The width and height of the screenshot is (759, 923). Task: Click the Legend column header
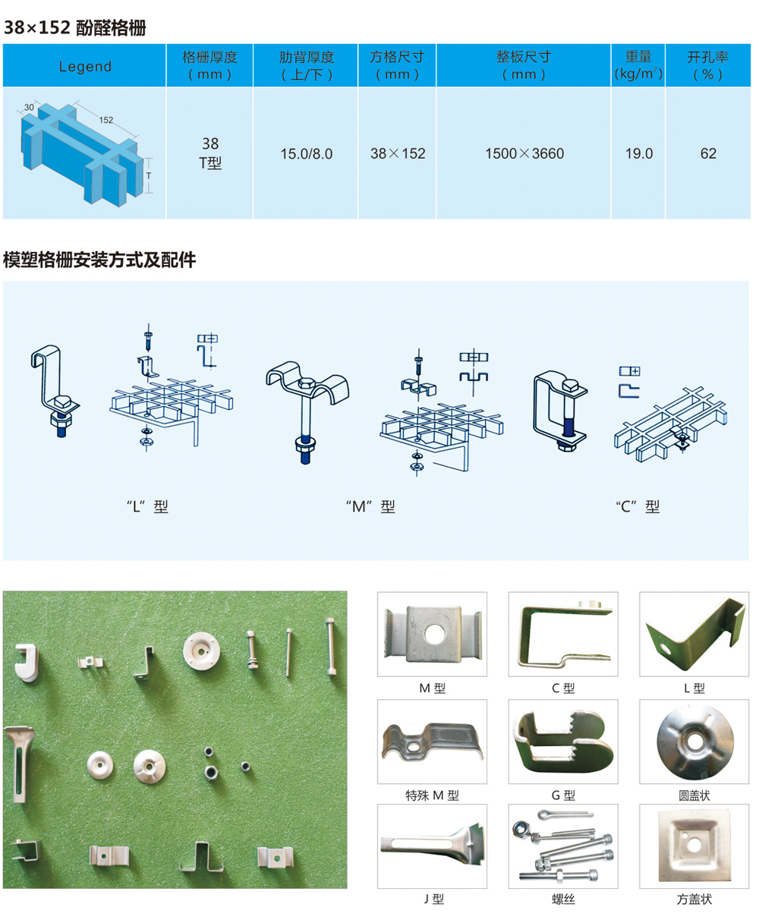coord(85,67)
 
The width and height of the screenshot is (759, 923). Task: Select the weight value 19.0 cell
coord(638,153)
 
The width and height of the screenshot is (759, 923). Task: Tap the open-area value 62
coord(708,153)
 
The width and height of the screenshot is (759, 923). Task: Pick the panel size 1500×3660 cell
coord(524,153)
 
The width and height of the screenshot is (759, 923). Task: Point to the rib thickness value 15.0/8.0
coord(307,153)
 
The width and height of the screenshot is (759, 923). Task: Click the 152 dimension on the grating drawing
coord(106,120)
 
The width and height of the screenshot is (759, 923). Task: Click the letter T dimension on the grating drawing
coord(149,175)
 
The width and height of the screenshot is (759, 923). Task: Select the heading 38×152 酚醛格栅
coord(75,28)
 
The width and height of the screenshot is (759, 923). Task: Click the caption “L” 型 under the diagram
coord(147,507)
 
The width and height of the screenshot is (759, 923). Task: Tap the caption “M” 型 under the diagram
coord(370,507)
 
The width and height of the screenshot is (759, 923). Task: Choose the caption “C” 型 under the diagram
coord(638,507)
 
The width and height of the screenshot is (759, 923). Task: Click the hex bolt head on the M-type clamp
coord(307,384)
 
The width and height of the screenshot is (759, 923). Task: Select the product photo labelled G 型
coord(562,742)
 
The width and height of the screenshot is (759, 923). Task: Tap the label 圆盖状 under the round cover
coord(694,795)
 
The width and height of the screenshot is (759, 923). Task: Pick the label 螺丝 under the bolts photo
coord(563,899)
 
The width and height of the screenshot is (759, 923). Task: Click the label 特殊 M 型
coord(432,795)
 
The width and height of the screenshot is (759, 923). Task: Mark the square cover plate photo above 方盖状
coord(694,846)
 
